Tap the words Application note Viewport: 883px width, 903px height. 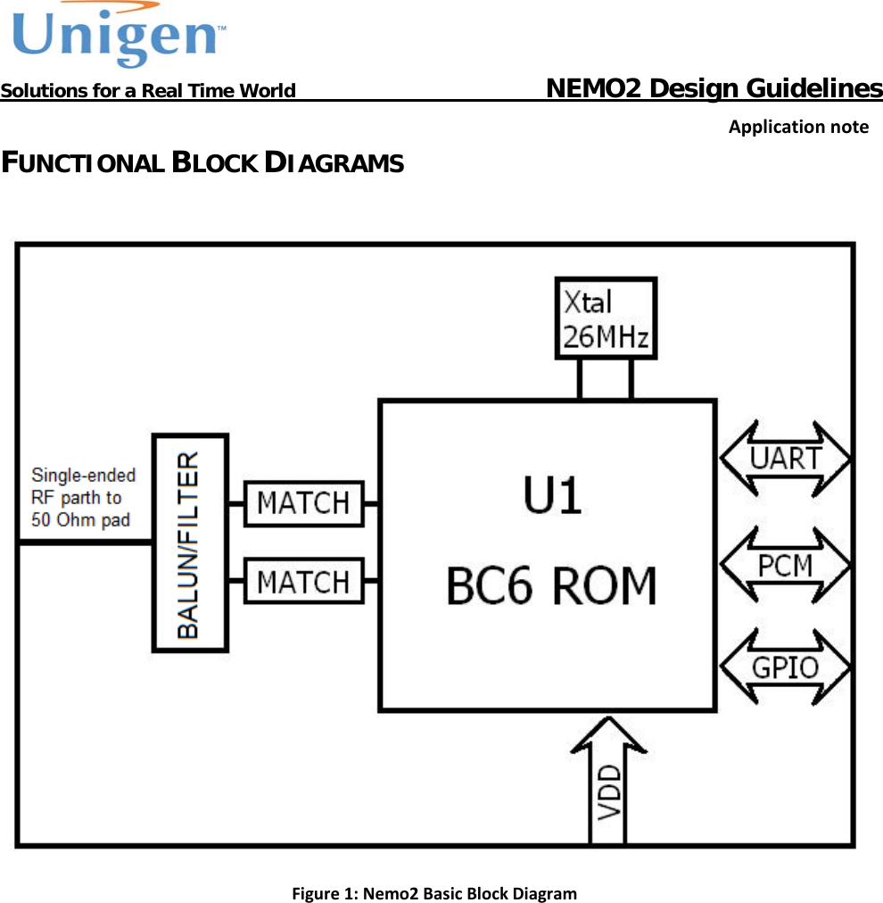tap(797, 127)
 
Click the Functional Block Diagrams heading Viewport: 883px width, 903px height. tap(202, 163)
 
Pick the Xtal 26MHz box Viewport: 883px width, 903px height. tap(606, 319)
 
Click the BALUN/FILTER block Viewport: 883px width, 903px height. tap(189, 543)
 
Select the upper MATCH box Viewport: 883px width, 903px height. tap(303, 503)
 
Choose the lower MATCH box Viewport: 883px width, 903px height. tap(303, 582)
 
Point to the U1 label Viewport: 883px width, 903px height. tap(552, 496)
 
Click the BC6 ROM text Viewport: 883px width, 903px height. tap(551, 586)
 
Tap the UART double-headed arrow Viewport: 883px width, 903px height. tap(785, 459)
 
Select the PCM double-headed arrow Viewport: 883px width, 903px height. tap(785, 565)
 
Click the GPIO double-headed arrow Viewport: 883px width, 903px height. tap(785, 667)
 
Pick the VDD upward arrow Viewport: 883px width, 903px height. tap(607, 785)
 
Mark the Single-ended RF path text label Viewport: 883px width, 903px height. tap(83, 497)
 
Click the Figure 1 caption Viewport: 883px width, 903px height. tap(434, 893)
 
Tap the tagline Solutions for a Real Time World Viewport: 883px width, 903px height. tap(148, 91)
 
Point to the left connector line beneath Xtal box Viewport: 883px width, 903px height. tap(581, 379)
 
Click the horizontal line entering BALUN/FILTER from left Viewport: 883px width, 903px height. tap(85, 543)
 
